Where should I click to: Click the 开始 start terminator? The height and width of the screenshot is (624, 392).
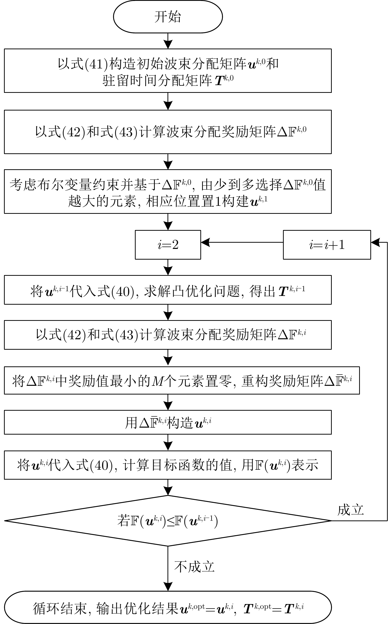pyautogui.click(x=168, y=17)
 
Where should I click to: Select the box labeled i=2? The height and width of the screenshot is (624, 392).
pyautogui.click(x=168, y=245)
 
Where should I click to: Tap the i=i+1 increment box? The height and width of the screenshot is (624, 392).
pyautogui.click(x=327, y=245)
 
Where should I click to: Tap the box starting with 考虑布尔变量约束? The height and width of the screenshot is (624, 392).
pyautogui.click(x=168, y=191)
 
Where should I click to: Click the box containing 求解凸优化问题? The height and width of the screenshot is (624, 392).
pyautogui.click(x=168, y=290)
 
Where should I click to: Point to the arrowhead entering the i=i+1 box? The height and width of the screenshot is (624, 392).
pyautogui.click(x=375, y=242)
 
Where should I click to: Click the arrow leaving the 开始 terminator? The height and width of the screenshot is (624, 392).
pyautogui.click(x=168, y=41)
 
